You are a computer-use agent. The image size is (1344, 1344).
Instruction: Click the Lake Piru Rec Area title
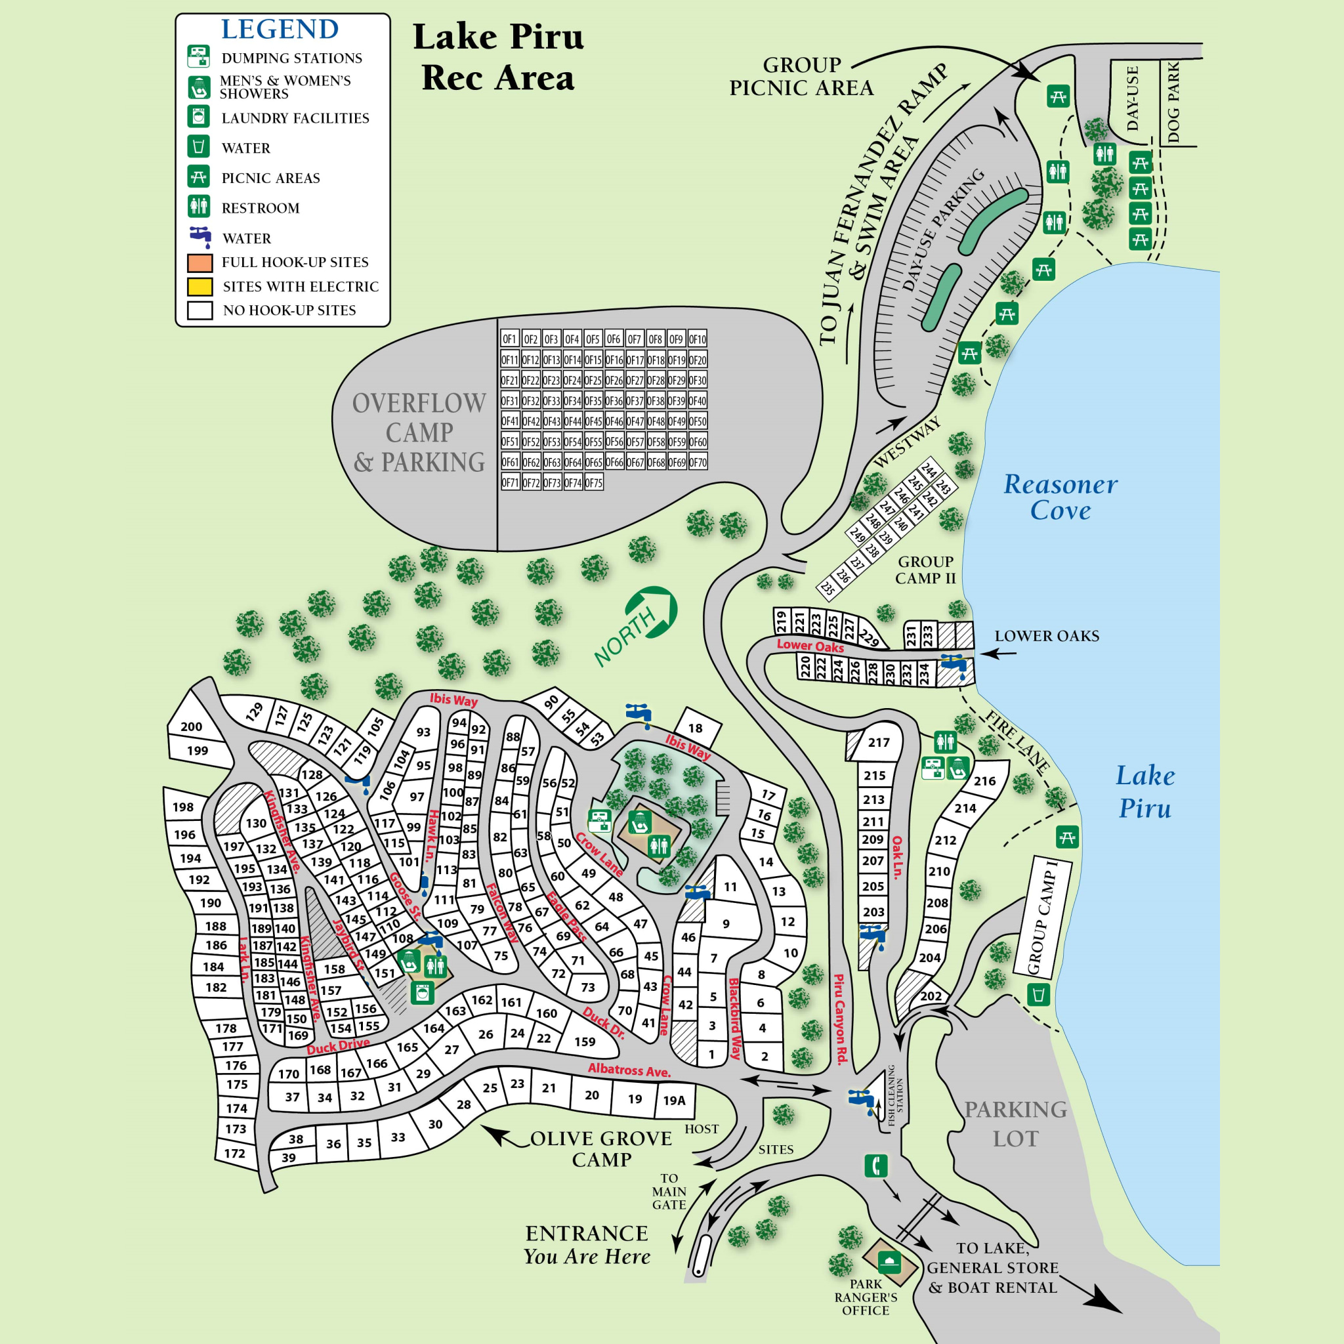(x=498, y=57)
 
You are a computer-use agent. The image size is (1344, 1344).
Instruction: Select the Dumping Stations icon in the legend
(x=199, y=56)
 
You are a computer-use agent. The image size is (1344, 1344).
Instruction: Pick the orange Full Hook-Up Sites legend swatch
(x=199, y=263)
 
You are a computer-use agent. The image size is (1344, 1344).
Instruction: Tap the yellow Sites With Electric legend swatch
(x=199, y=287)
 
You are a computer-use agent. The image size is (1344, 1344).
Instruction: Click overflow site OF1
(x=509, y=339)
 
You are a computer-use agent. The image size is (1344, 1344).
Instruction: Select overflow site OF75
(x=593, y=483)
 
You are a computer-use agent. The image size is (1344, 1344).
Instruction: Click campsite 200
(x=192, y=726)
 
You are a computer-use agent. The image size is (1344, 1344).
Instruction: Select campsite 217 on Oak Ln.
(x=879, y=742)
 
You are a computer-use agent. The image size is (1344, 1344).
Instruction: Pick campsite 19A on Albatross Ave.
(x=673, y=1101)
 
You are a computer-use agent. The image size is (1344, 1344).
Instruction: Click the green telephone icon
(x=876, y=1165)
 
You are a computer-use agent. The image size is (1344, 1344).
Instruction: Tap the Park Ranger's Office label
(x=866, y=1297)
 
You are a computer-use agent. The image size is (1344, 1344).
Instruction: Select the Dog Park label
(x=1174, y=102)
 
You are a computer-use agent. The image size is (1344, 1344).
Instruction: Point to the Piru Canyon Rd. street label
(x=839, y=1018)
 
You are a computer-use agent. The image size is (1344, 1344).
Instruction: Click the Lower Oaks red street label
(x=810, y=646)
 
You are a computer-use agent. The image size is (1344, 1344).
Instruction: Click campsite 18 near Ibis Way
(x=695, y=728)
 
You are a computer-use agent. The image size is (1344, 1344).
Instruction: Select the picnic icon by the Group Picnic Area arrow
(x=1058, y=96)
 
